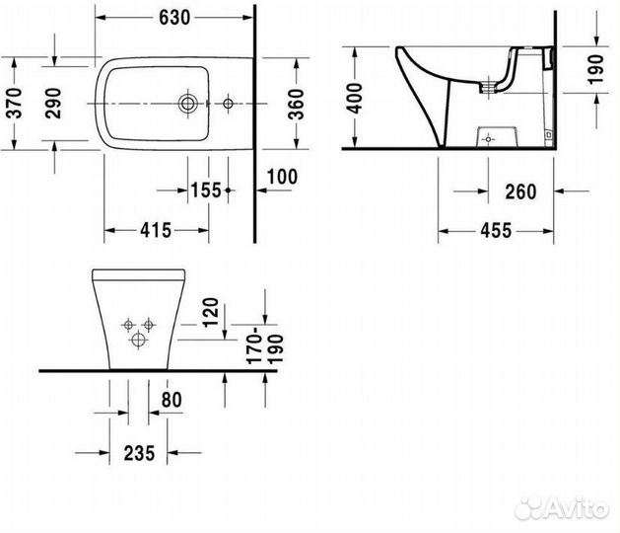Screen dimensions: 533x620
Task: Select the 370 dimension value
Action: point(14,102)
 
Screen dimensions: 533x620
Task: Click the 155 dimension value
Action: point(205,190)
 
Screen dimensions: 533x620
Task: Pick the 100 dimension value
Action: point(282,178)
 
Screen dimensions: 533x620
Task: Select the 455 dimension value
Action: point(495,231)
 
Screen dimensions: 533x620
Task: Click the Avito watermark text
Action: point(575,507)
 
